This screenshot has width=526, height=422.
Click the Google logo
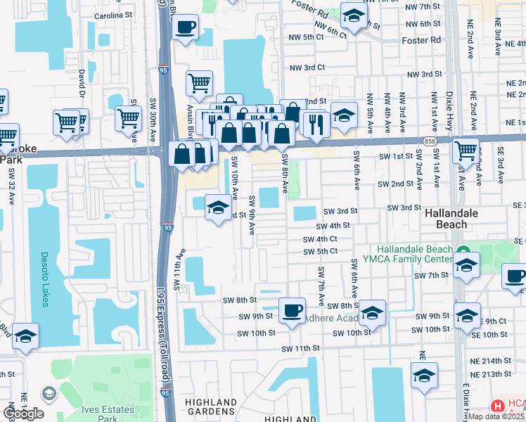point(24,414)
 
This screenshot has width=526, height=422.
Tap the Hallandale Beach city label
point(454,219)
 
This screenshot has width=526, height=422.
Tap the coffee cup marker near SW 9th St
point(292,310)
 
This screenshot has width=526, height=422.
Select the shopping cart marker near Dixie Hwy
point(466,150)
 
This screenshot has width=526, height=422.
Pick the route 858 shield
point(429,142)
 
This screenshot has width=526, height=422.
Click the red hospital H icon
point(497,406)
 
